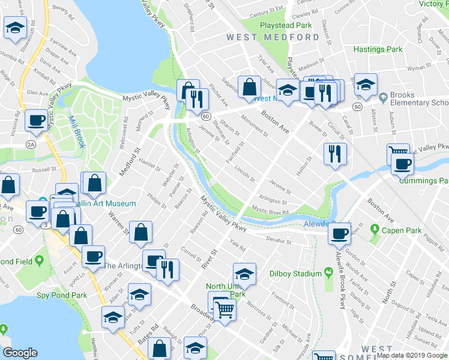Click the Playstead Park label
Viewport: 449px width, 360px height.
pyautogui.click(x=286, y=25)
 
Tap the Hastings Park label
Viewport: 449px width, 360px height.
pyautogui.click(x=378, y=49)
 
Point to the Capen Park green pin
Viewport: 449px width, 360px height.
pyautogui.click(x=375, y=229)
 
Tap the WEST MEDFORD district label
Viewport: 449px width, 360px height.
pyautogui.click(x=273, y=37)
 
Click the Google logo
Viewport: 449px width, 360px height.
pyautogui.click(x=20, y=353)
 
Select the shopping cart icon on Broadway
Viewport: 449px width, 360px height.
pyautogui.click(x=225, y=310)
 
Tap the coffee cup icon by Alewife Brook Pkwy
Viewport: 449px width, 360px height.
pyautogui.click(x=340, y=232)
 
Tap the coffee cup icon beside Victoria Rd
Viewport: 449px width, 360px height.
pyautogui.click(x=37, y=120)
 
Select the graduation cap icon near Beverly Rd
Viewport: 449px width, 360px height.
pyautogui.click(x=15, y=28)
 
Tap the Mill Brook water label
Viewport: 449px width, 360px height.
pyautogui.click(x=76, y=132)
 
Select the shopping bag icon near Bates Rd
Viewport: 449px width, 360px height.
pyautogui.click(x=160, y=348)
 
